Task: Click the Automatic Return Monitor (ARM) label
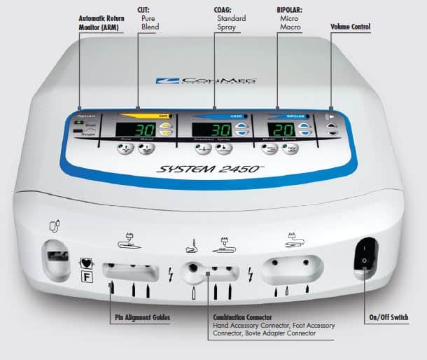[x=104, y=22]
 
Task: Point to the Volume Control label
[x=351, y=27]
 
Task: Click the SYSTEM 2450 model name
[x=209, y=168]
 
